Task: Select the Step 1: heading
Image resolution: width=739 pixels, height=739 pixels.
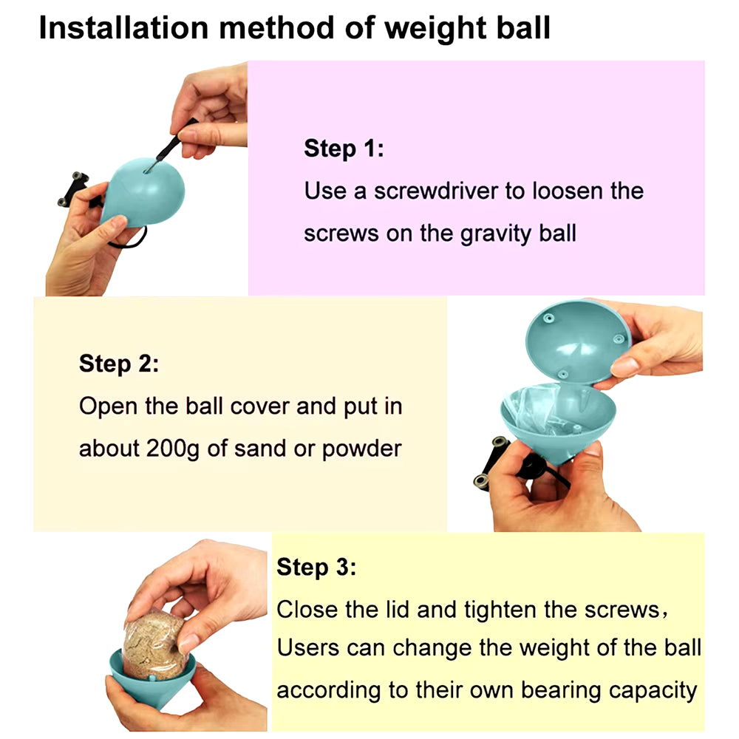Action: click(x=344, y=149)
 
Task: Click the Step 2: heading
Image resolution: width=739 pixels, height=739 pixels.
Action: click(x=118, y=364)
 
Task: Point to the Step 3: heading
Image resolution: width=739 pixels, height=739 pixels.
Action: click(x=316, y=568)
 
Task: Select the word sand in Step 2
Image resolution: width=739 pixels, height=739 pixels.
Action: click(x=262, y=449)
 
